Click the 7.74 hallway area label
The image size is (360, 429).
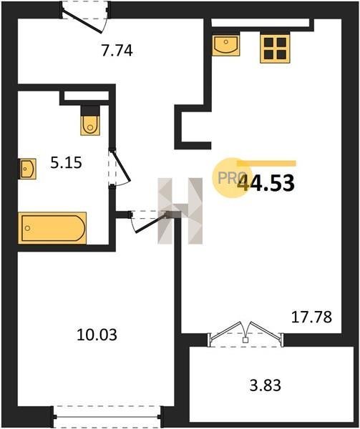coord(117,51)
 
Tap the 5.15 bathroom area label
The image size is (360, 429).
coord(67,162)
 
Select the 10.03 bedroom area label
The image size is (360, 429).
coord(97,335)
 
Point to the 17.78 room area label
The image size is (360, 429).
coord(311,317)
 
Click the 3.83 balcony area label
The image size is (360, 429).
coord(266,385)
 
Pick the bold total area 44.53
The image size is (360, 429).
coord(266,183)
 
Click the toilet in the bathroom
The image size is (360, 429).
coord(90,120)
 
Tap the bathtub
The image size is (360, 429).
coord(52,227)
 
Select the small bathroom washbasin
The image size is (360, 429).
coord(27,169)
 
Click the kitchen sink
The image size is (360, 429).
coord(226,46)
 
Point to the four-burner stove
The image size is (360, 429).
coord(275,49)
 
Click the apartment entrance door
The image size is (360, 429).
coord(85,17)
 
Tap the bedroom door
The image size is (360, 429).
coord(149,221)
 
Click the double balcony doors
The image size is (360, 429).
coord(245,335)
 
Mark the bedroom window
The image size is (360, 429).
coord(107,417)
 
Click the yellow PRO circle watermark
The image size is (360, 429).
coord(230,178)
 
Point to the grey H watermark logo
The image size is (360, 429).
coord(180,211)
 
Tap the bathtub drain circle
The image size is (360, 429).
coord(27,228)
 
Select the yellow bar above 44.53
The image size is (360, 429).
coord(266,163)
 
